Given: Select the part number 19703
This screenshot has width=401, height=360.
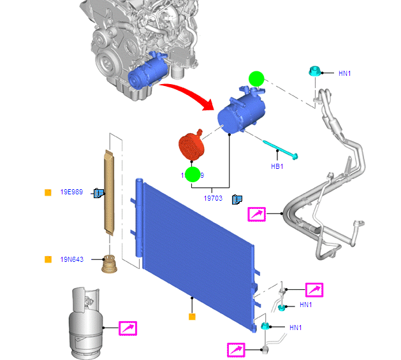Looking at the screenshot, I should pos(213,199).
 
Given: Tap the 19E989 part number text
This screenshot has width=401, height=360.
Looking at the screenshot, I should pos(72,192).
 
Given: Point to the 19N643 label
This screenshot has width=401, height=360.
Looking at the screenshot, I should pos(72,259).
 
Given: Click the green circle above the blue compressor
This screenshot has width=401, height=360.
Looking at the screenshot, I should pos(256,79).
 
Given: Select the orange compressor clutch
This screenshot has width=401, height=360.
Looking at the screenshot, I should pos(189,147).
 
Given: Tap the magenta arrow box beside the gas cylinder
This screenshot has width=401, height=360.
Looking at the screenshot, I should pos(128,328).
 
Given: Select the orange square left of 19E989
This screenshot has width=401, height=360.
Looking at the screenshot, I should pos(47,192).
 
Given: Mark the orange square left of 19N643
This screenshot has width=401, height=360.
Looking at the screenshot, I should pos(47,259).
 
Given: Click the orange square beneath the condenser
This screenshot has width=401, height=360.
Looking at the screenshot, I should pos(191,316).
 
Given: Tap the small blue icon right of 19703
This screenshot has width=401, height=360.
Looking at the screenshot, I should pos(237,199).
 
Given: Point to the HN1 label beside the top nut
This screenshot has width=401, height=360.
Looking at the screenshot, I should pos(345,73).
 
